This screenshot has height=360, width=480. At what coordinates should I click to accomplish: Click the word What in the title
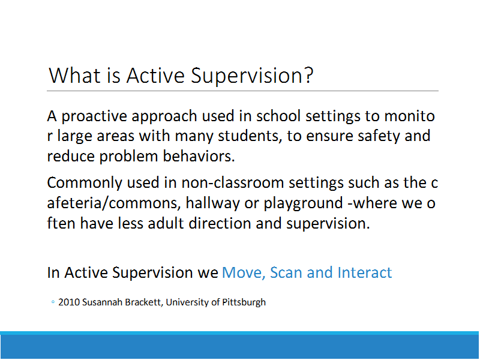[74, 76]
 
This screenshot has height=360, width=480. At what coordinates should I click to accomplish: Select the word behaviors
[199, 156]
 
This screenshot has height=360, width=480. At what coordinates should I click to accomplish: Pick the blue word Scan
[286, 272]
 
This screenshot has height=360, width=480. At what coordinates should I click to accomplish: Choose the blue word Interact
[365, 272]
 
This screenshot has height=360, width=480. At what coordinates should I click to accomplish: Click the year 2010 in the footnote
[69, 302]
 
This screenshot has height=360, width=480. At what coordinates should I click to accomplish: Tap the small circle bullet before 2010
[53, 302]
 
